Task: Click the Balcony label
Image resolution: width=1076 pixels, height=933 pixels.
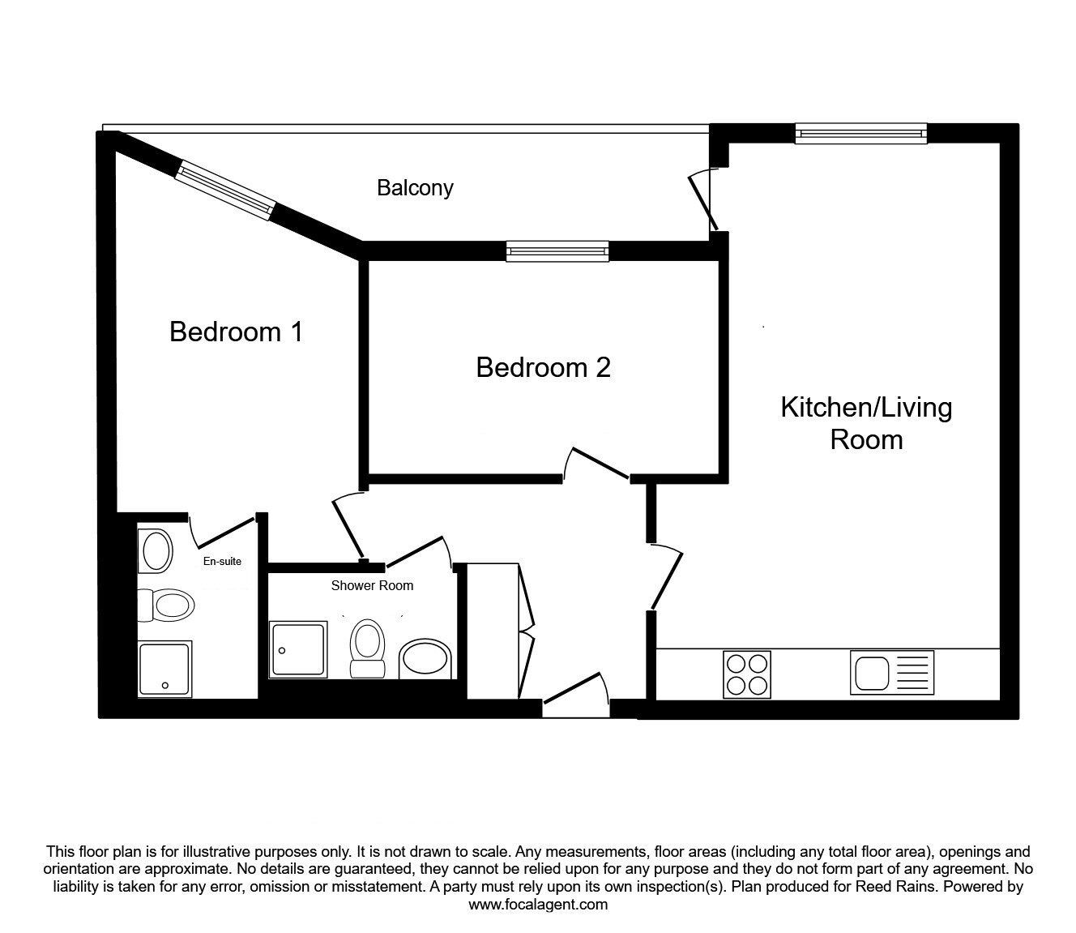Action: pos(415,188)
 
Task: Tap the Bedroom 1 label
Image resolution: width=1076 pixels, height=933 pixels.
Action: pos(237,332)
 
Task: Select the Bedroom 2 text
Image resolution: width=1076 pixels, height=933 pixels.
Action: pos(543,367)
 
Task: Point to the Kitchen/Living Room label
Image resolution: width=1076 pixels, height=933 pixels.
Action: pos(866,423)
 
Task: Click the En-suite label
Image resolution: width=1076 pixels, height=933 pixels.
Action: pos(222,561)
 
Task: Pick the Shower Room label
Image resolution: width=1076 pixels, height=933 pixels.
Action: pos(372,585)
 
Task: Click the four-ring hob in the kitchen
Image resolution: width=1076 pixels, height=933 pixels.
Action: pos(746,674)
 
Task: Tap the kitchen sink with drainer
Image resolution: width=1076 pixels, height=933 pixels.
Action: pos(892,673)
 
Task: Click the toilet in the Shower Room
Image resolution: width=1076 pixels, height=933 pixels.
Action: pos(368,648)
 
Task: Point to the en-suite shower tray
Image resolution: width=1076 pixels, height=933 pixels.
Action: pos(165,669)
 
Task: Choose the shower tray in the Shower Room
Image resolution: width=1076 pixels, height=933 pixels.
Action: pos(298,649)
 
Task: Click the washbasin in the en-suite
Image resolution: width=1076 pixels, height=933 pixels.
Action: pos(155,551)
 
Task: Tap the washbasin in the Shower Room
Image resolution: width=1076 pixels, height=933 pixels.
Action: pos(425,659)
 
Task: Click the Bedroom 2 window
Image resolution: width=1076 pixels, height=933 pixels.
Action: pos(557,251)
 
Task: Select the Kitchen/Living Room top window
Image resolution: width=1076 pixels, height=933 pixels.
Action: pos(861,134)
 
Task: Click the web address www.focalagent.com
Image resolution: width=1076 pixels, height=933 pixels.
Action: pos(538,905)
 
